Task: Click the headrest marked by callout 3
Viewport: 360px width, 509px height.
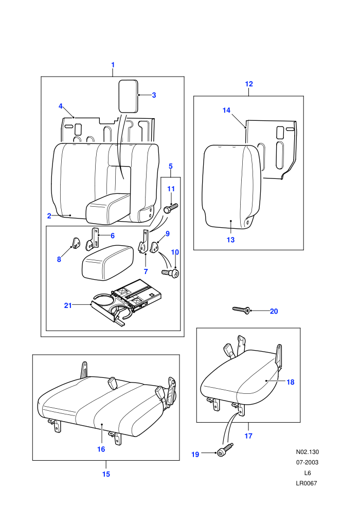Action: [x=128, y=96]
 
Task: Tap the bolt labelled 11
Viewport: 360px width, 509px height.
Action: [x=171, y=208]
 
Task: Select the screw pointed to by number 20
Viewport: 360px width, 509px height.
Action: [x=241, y=311]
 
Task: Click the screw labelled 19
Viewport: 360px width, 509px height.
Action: [x=225, y=449]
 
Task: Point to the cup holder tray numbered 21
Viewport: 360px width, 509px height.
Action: [x=126, y=302]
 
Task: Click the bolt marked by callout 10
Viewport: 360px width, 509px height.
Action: [x=171, y=272]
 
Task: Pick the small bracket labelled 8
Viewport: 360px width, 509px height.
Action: [x=76, y=243]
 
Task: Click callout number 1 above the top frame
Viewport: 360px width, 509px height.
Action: [x=113, y=65]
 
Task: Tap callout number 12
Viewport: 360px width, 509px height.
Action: [x=248, y=84]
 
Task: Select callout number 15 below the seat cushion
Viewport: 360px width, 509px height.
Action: [x=106, y=474]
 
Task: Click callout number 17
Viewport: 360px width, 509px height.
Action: [x=248, y=435]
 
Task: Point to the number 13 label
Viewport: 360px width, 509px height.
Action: [x=230, y=240]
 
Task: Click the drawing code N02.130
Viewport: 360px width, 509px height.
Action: [x=308, y=451]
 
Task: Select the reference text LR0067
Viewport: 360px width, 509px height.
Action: [x=307, y=483]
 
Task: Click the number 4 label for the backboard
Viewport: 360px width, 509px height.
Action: [x=61, y=106]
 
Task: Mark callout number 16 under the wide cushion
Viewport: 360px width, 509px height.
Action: [x=101, y=449]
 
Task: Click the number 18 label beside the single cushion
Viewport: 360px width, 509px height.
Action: [x=290, y=382]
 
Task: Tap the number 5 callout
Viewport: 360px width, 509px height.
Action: [x=171, y=166]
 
